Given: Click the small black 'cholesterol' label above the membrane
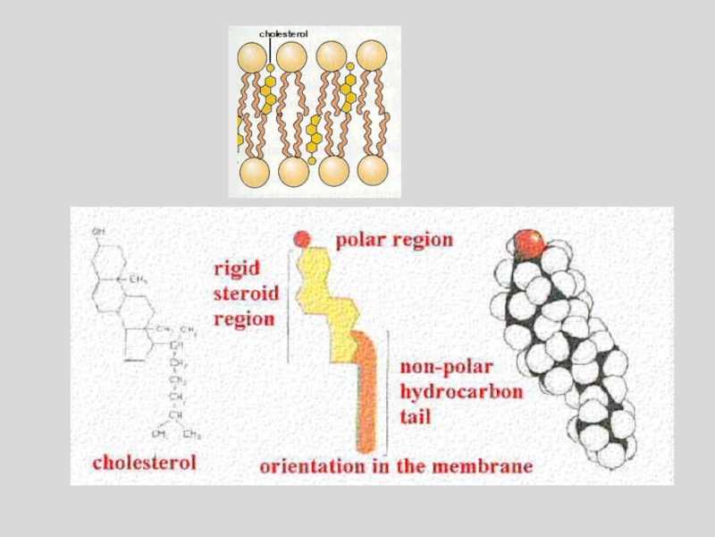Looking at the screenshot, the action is [283, 34].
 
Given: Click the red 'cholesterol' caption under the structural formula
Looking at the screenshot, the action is [144, 462].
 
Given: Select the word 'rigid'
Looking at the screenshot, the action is [237, 268].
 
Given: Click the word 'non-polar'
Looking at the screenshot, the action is [446, 366].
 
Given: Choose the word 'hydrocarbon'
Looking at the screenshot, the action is [461, 391].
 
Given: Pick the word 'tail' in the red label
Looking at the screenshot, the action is [415, 416].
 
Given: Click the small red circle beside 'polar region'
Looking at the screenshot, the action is [302, 239].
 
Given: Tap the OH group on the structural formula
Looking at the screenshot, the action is [98, 232].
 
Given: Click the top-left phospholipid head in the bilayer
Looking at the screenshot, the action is [252, 56].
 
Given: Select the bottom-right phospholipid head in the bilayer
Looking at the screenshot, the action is [373, 169].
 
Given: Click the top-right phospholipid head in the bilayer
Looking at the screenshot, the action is [372, 55].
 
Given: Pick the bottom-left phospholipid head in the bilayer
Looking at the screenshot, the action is [254, 171].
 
